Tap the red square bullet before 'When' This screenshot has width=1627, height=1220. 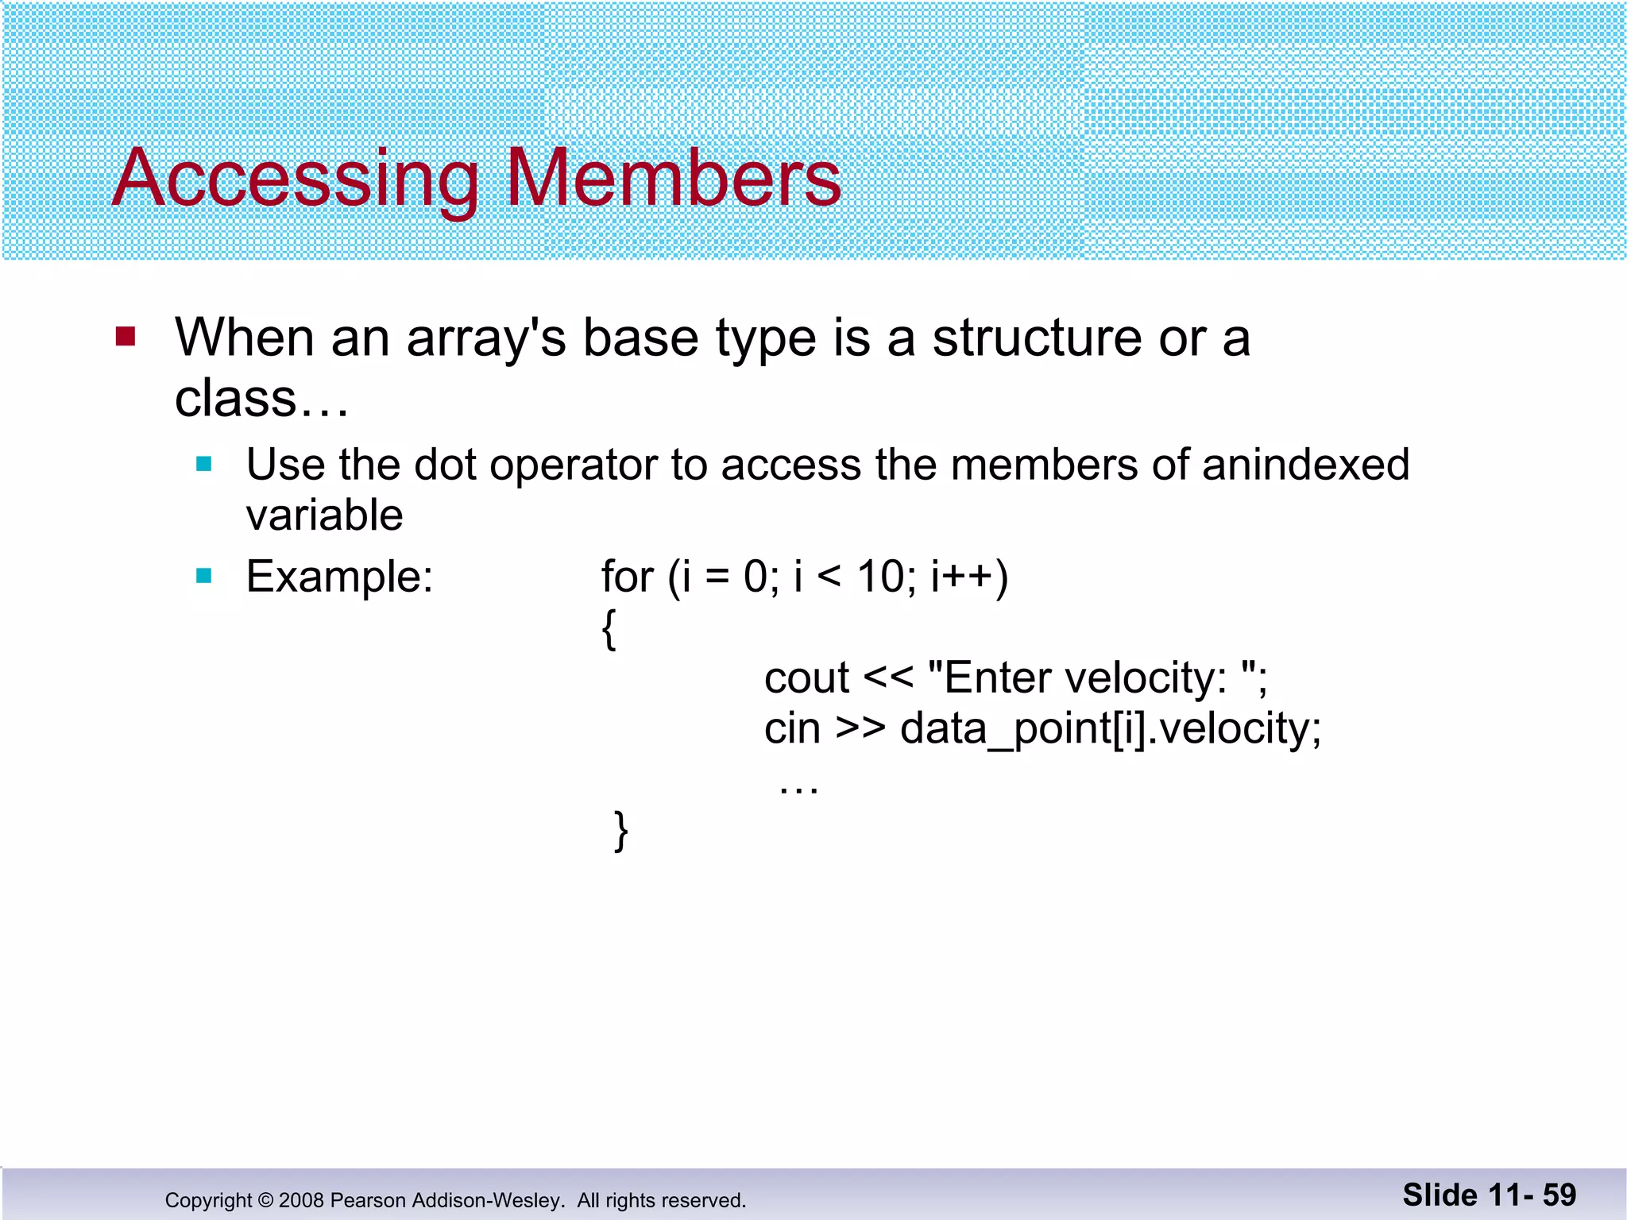click(x=126, y=336)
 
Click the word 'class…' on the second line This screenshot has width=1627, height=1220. click(x=261, y=398)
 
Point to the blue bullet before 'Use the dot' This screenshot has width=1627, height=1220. click(x=204, y=464)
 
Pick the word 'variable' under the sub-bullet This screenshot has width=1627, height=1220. click(x=324, y=515)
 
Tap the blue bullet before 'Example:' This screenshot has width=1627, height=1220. click(x=204, y=575)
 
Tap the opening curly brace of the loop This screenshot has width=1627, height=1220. click(x=609, y=629)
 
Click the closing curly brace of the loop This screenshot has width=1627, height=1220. click(x=621, y=831)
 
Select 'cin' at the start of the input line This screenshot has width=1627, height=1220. click(x=791, y=728)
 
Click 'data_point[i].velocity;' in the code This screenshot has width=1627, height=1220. click(x=1110, y=728)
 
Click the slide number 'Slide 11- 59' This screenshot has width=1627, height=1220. click(x=1489, y=1195)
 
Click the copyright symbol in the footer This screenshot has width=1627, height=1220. click(x=265, y=1200)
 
